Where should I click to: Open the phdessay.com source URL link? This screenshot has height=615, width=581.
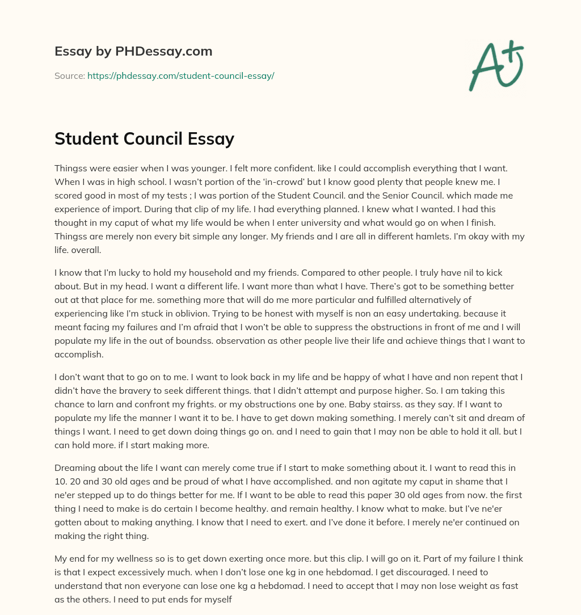click(x=180, y=75)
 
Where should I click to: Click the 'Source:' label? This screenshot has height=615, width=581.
click(x=70, y=75)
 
